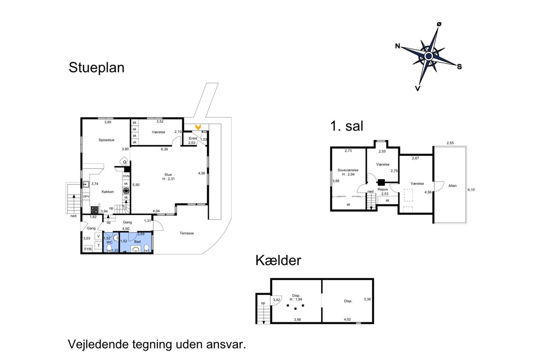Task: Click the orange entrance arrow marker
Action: [x=198, y=127]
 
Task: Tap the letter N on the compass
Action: [x=397, y=46]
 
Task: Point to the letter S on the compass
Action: [x=459, y=67]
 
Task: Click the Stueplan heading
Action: [x=97, y=68]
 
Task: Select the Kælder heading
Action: [x=278, y=260]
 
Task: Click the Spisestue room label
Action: [x=106, y=140]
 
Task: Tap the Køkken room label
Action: [x=108, y=192]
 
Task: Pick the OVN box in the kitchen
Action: [x=126, y=176]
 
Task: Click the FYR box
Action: [x=88, y=249]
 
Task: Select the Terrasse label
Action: [x=186, y=233]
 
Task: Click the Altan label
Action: [x=452, y=186]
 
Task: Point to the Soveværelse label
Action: [x=348, y=170]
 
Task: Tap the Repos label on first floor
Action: [x=383, y=189]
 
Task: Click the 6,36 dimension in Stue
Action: [x=165, y=149]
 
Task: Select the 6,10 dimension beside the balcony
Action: [x=471, y=190]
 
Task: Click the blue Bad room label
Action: [x=138, y=241]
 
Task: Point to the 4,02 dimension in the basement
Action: [x=347, y=319]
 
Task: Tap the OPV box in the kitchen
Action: [x=86, y=197]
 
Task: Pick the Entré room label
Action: [x=193, y=138]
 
